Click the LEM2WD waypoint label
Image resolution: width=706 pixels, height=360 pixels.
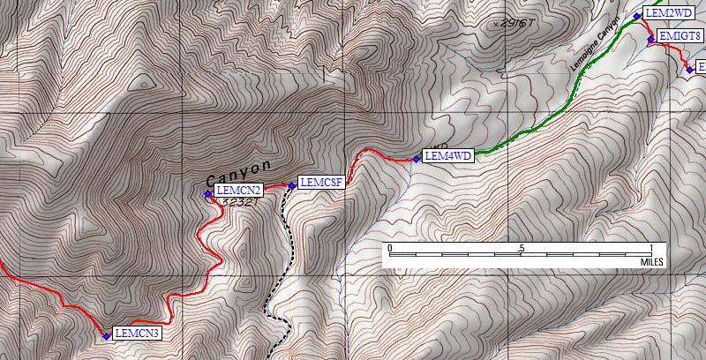point(669,13)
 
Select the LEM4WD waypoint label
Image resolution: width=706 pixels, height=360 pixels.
point(449,156)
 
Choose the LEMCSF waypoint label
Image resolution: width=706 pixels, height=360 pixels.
point(320,183)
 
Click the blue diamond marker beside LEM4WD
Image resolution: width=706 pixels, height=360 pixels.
point(416,159)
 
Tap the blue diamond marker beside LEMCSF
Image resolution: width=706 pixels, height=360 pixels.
point(291,185)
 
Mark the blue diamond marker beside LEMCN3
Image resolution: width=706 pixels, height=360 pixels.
point(106,335)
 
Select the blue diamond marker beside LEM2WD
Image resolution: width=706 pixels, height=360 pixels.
point(636,16)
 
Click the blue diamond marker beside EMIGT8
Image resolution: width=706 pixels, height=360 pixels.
point(650,40)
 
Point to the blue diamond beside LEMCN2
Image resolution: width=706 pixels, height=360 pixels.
point(208,193)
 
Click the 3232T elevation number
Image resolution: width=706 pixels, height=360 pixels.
point(242,203)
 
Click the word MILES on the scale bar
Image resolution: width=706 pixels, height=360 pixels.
point(652,262)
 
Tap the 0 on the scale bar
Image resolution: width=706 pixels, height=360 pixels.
point(390,248)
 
